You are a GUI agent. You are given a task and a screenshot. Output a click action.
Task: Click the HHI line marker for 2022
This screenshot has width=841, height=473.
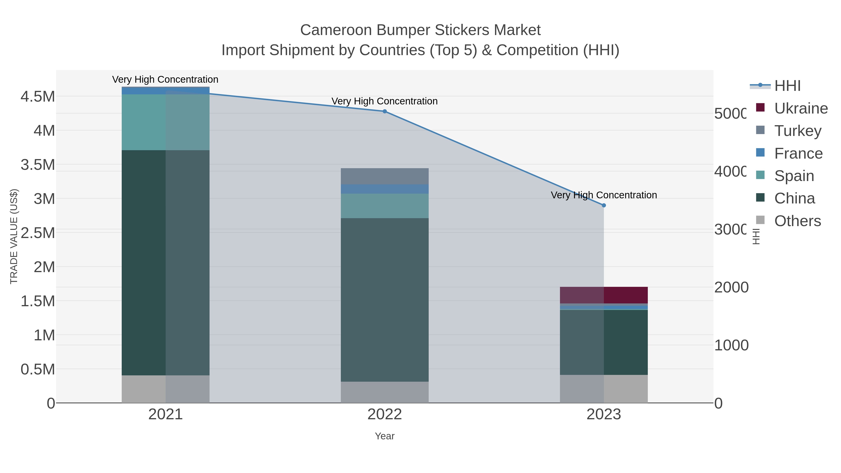point(385,111)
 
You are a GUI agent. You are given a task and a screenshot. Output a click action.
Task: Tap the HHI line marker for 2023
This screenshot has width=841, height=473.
point(604,205)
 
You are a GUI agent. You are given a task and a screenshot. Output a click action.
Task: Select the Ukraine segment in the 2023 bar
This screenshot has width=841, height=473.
point(604,295)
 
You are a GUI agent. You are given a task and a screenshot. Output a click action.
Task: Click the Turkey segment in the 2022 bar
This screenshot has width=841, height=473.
point(385,176)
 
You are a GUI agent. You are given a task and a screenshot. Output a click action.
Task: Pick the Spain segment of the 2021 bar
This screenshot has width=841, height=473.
point(166,122)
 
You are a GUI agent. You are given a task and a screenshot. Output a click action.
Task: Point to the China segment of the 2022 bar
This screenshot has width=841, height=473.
point(385,300)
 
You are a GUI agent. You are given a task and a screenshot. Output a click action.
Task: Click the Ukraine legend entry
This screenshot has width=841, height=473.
point(801,108)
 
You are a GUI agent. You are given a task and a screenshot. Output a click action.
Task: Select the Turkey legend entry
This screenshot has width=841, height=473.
point(797,131)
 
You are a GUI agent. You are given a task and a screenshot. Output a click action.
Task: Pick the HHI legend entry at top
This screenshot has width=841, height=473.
point(787,86)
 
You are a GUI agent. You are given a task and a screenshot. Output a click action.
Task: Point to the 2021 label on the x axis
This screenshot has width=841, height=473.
point(166,415)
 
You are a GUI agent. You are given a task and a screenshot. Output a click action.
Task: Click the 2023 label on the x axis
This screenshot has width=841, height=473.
point(604,415)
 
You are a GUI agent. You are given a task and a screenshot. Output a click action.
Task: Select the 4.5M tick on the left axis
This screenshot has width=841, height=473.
point(38,97)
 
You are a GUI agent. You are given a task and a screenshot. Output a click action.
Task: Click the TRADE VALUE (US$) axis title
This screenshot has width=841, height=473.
point(14,236)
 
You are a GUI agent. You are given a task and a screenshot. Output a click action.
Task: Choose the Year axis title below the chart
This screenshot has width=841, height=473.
point(385,436)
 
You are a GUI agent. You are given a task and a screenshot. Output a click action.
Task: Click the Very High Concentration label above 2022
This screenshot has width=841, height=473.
point(385,101)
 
